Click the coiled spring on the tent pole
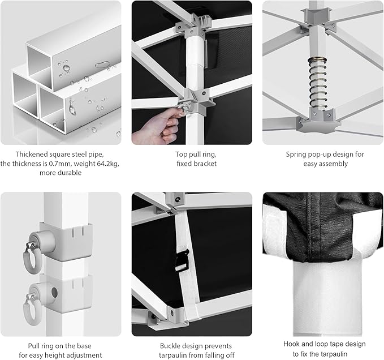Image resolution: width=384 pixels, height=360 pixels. (318, 83)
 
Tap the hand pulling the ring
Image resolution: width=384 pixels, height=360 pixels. (156, 127)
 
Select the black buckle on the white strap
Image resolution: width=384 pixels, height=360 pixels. (182, 260)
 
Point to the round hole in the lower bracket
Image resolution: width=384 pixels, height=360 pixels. (54, 293)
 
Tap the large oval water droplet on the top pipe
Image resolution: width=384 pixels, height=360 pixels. (103, 65)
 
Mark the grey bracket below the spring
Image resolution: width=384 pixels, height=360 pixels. (317, 121)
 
